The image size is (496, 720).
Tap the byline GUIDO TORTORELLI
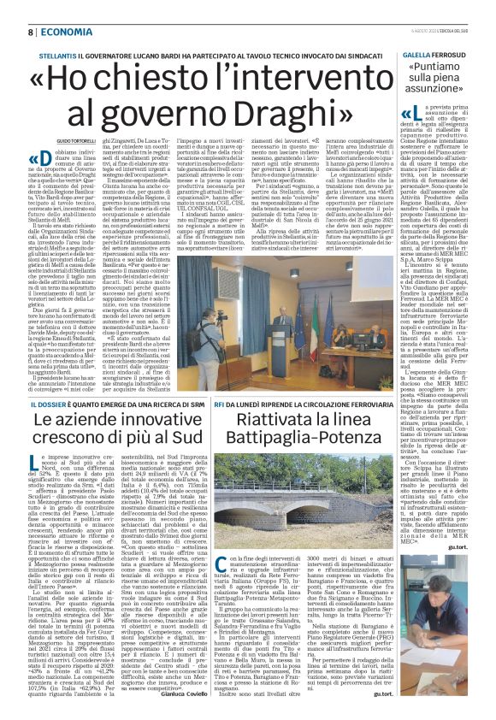[x=53, y=139]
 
